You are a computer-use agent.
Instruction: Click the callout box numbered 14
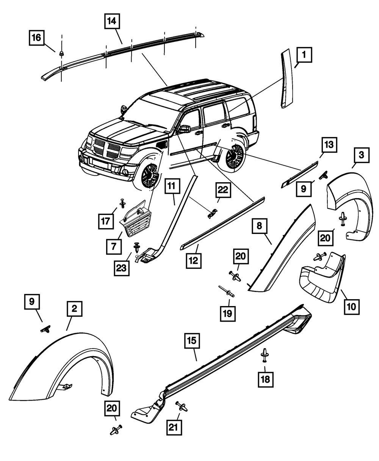(x=112, y=21)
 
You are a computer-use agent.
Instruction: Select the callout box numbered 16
(x=37, y=38)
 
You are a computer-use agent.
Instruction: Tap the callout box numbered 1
(x=304, y=55)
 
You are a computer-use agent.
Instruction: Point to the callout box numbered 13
(x=329, y=145)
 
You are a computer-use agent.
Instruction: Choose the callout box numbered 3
(x=362, y=155)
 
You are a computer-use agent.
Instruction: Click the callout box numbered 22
(x=223, y=190)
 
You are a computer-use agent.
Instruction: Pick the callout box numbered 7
(x=114, y=246)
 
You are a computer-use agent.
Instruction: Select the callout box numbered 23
(x=122, y=268)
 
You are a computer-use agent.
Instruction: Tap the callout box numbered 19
(x=228, y=314)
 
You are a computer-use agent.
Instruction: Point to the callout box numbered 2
(x=75, y=309)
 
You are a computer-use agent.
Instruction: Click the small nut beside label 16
(x=61, y=54)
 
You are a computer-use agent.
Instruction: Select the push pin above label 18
(x=265, y=355)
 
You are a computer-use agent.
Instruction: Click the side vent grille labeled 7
(x=136, y=219)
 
